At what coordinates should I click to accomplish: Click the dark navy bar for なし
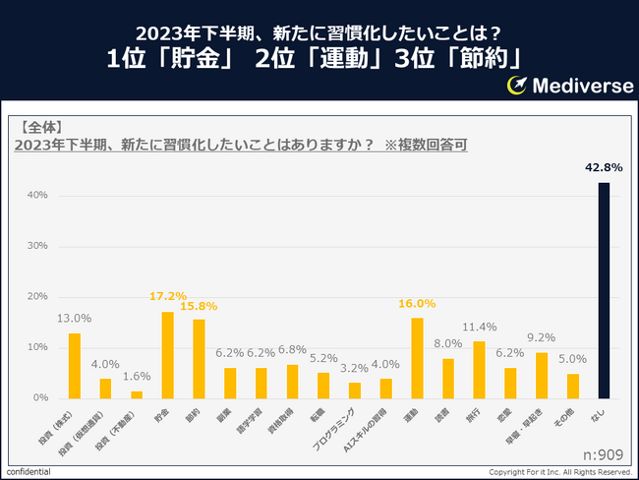[x=604, y=290]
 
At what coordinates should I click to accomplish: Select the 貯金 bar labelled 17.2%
[x=167, y=355]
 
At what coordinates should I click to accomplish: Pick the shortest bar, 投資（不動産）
[x=137, y=394]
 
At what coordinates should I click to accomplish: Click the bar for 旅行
[x=479, y=370]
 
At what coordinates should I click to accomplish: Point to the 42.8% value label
[x=602, y=168]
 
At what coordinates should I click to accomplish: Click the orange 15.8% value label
[x=199, y=306]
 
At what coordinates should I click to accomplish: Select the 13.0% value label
[x=74, y=318]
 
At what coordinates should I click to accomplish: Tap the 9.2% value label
[x=542, y=336]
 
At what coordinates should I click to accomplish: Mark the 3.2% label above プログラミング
[x=354, y=367]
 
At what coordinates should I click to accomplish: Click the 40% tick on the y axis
[x=36, y=195]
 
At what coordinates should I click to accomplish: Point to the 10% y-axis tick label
[x=36, y=347]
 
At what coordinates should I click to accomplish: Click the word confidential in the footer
[x=27, y=472]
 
